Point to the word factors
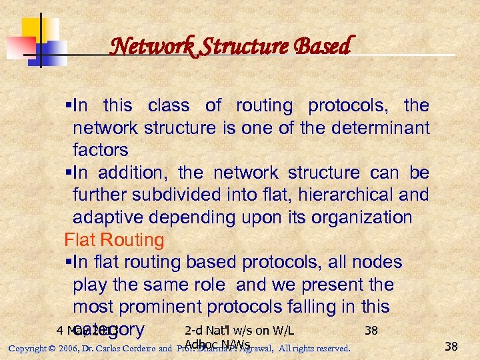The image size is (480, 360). tap(100, 149)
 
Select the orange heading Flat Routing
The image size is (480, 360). tap(114, 239)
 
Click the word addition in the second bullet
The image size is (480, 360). tap(132, 173)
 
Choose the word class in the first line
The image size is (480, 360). tap(169, 105)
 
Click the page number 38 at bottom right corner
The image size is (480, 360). tap(451, 346)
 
